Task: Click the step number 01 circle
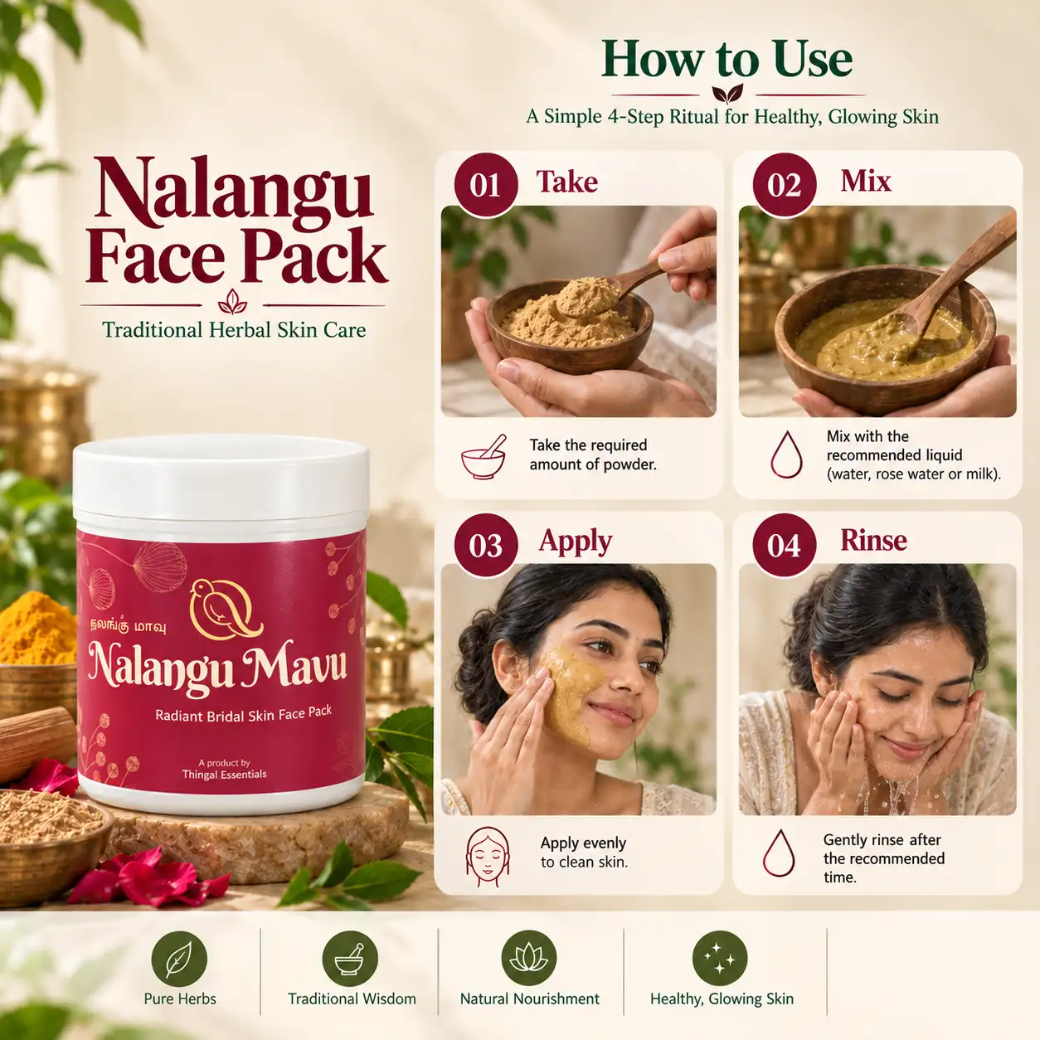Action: pos(485,185)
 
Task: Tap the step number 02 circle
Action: pos(785,185)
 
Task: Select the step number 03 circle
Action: pos(485,545)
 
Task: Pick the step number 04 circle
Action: pos(785,545)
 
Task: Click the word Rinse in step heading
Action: pos(873,540)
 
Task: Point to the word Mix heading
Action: pos(865,181)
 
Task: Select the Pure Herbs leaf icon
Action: pos(179,959)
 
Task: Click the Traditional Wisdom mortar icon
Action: pos(350,959)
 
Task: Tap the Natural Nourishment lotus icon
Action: pos(529,959)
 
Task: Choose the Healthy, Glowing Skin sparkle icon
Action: pos(720,959)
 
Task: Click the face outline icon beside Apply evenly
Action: pos(487,857)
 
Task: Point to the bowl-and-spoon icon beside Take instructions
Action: pos(484,457)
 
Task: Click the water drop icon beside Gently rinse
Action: pos(779,853)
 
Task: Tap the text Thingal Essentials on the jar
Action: pos(225,775)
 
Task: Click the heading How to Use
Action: pos(727,60)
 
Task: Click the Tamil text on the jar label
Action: pos(128,627)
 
